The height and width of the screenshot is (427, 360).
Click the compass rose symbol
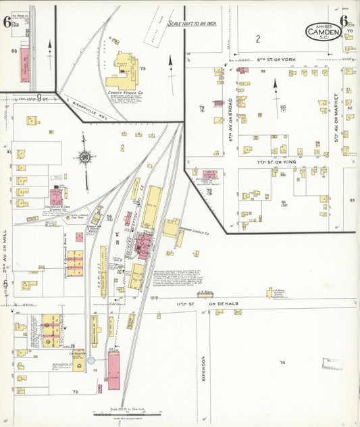pyautogui.click(x=85, y=157)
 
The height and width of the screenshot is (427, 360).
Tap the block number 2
pyautogui.click(x=257, y=39)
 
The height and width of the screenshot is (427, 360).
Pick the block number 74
pyautogui.click(x=282, y=363)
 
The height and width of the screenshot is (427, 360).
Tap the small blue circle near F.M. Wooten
pyautogui.click(x=91, y=360)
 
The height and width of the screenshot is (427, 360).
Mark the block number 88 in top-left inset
pyautogui.click(x=13, y=51)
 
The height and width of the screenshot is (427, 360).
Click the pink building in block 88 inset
pyautogui.click(x=26, y=64)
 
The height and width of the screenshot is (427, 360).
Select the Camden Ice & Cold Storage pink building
pyautogui.click(x=55, y=197)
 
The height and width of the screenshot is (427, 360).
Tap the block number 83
pyautogui.click(x=352, y=200)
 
